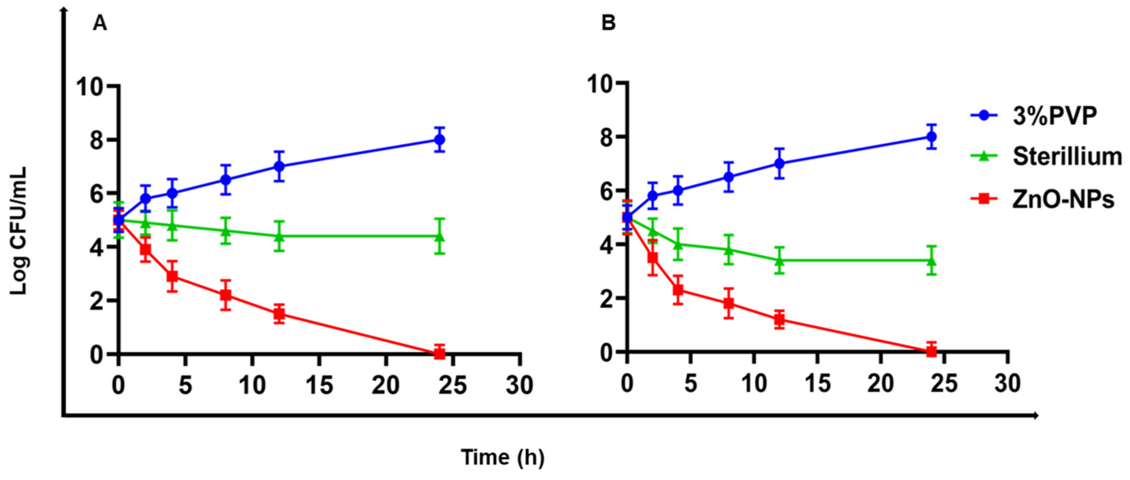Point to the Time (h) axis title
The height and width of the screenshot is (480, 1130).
click(x=503, y=458)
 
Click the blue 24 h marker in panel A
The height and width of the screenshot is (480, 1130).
click(x=440, y=140)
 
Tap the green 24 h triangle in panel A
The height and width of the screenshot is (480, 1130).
click(x=440, y=237)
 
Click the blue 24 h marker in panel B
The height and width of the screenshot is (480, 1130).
click(x=931, y=137)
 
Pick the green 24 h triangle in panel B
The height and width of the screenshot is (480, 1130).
click(x=931, y=261)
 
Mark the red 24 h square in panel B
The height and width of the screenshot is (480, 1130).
click(x=931, y=351)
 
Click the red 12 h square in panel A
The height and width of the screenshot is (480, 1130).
click(x=279, y=314)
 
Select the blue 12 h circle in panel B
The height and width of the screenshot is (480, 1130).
click(x=779, y=163)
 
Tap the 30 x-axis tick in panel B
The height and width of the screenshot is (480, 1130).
click(x=1007, y=383)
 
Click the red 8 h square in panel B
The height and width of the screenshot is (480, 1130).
click(x=729, y=303)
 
